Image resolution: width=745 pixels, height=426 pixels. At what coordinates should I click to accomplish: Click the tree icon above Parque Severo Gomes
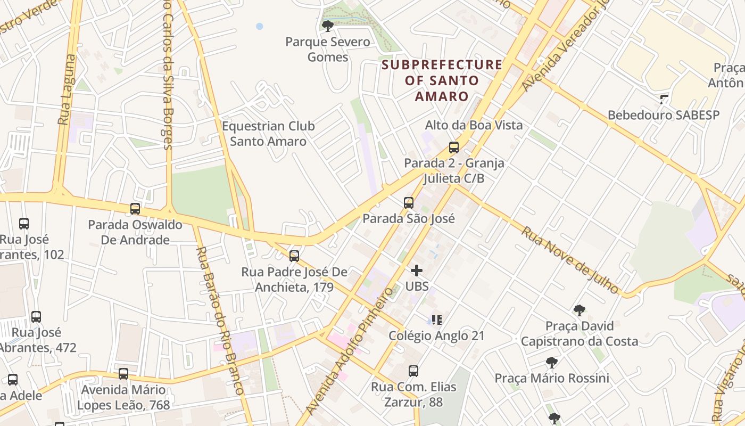coord(328,26)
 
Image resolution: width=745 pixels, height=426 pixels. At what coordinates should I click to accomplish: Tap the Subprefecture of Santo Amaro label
coord(442,81)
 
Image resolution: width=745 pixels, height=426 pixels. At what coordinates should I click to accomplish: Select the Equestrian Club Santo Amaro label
coord(268,134)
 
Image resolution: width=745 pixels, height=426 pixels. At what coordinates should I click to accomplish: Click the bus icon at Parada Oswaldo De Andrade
coord(135,209)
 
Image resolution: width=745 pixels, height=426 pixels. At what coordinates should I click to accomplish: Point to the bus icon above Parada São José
coord(408,203)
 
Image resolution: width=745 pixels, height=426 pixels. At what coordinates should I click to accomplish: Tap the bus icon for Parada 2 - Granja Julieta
coord(453,148)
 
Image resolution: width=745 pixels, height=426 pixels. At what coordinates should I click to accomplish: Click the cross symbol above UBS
coord(417,271)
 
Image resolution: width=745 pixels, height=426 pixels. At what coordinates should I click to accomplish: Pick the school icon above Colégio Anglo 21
coord(436,320)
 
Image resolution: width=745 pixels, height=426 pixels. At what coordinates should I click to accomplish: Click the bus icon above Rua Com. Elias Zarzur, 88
coord(413,371)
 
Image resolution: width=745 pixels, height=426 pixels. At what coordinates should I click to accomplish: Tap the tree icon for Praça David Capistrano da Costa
coord(579,310)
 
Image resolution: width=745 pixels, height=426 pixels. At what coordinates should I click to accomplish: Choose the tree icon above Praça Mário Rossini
coord(552,363)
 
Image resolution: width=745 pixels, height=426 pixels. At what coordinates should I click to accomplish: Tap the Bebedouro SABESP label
coord(663,115)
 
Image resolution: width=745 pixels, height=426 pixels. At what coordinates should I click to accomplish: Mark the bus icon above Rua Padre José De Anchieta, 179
coord(294,256)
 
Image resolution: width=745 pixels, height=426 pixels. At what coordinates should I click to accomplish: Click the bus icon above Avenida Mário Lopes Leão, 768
coord(123,374)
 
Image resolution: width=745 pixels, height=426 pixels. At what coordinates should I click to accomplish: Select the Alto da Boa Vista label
coord(474,125)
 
